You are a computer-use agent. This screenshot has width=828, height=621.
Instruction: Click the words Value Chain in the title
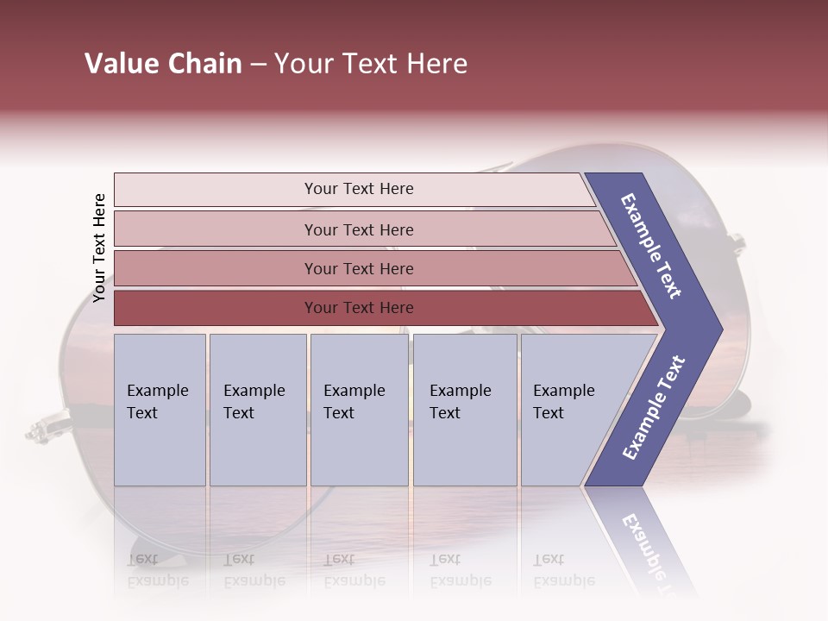163,64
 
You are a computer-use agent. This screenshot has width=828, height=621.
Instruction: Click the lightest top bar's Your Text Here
359,189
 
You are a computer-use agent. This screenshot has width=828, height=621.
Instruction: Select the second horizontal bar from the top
359,229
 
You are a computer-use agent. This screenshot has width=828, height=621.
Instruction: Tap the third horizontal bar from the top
359,268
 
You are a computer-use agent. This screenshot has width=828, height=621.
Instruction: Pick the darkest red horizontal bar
359,308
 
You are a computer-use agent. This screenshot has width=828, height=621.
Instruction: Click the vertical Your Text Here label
99,248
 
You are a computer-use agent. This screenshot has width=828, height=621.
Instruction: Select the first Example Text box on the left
160,410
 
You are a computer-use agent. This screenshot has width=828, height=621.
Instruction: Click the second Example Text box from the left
257,410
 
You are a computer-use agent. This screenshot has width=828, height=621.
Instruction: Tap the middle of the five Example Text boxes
359,410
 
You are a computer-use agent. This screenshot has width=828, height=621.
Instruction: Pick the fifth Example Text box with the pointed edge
569,410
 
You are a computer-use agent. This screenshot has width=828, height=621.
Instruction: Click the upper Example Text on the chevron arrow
651,246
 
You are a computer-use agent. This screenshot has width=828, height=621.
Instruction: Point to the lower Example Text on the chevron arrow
653,407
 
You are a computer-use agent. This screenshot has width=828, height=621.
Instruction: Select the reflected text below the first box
158,570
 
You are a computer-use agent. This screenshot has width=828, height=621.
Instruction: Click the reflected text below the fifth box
564,570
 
